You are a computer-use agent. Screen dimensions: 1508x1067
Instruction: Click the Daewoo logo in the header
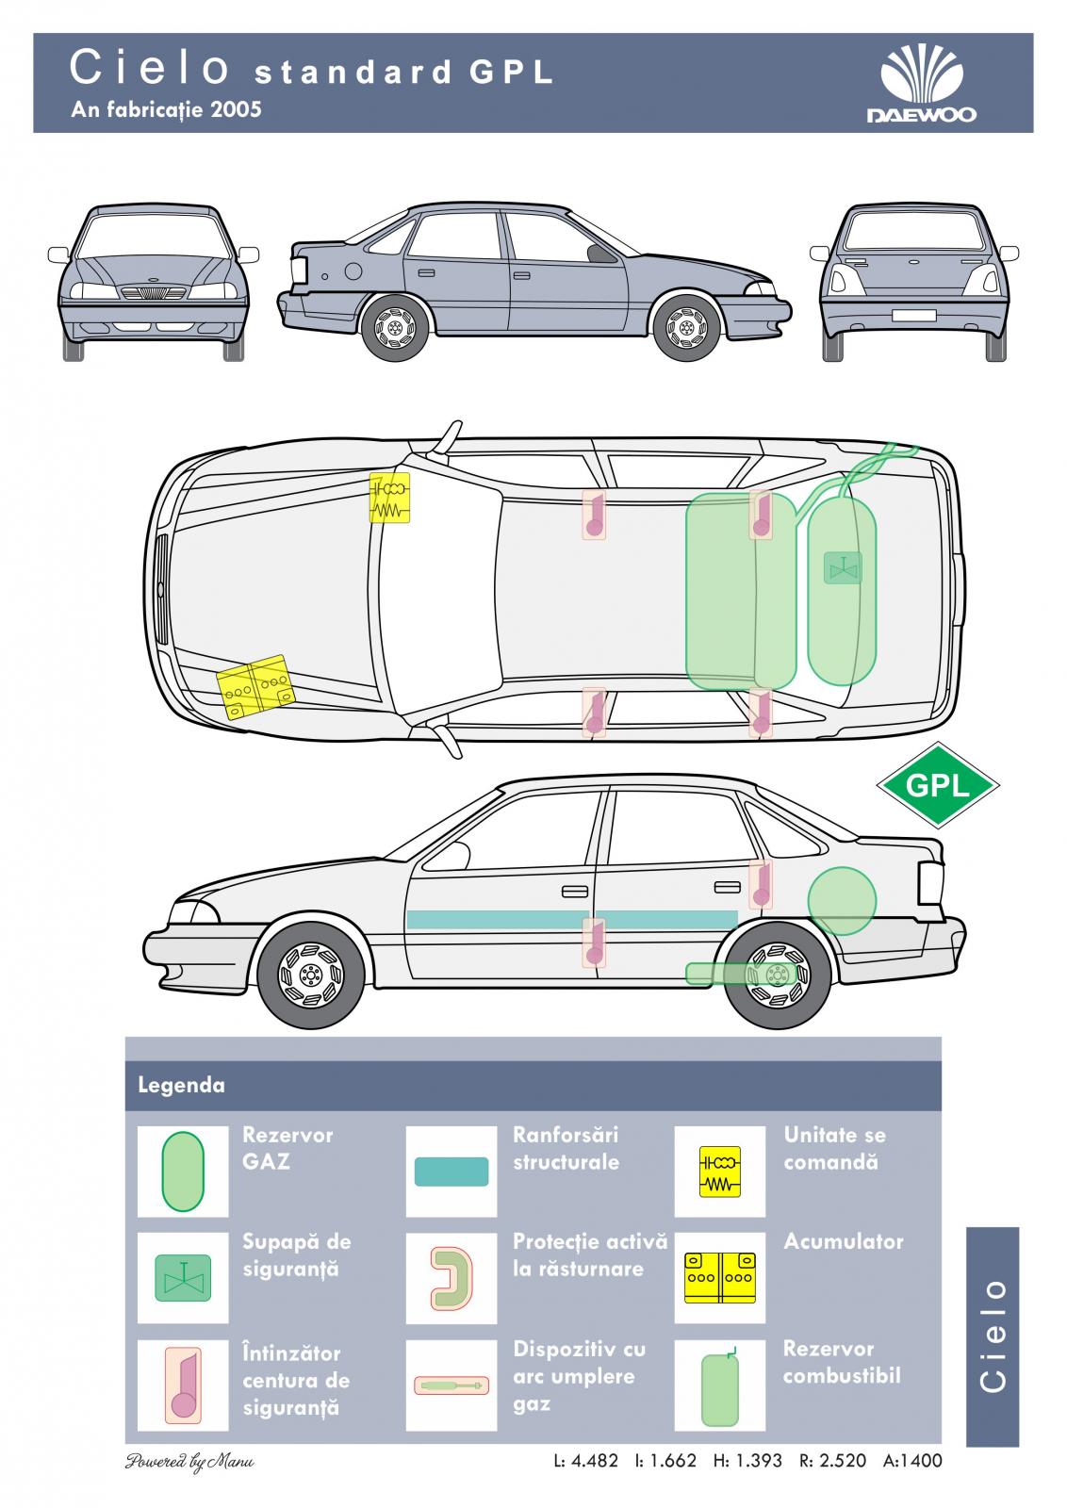tap(921, 85)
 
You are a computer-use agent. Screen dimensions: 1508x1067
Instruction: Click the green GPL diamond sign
tap(937, 784)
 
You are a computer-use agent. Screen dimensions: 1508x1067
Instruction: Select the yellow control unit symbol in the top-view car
tap(389, 497)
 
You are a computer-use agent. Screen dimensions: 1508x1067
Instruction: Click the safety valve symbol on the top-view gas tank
tap(842, 567)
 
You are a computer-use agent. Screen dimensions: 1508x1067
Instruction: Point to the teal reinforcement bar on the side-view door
tap(571, 919)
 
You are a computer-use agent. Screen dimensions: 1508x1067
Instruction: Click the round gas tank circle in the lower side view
tap(842, 902)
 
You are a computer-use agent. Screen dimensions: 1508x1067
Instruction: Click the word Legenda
tap(182, 1085)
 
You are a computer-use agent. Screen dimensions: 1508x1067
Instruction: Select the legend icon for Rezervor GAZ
tap(183, 1172)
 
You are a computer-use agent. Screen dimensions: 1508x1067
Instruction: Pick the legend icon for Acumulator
tap(719, 1278)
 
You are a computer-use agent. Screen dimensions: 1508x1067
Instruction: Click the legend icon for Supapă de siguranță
tap(183, 1278)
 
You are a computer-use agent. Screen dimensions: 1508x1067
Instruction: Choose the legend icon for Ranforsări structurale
tap(451, 1172)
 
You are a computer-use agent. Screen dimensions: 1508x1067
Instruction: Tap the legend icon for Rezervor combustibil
tap(719, 1385)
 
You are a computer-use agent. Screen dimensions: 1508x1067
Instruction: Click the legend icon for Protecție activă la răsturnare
tap(451, 1278)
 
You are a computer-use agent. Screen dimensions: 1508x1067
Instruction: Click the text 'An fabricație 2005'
tap(166, 109)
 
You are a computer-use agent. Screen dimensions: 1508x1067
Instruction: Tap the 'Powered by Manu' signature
tap(189, 1462)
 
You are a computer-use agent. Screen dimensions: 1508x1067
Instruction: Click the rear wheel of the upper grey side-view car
tap(395, 328)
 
